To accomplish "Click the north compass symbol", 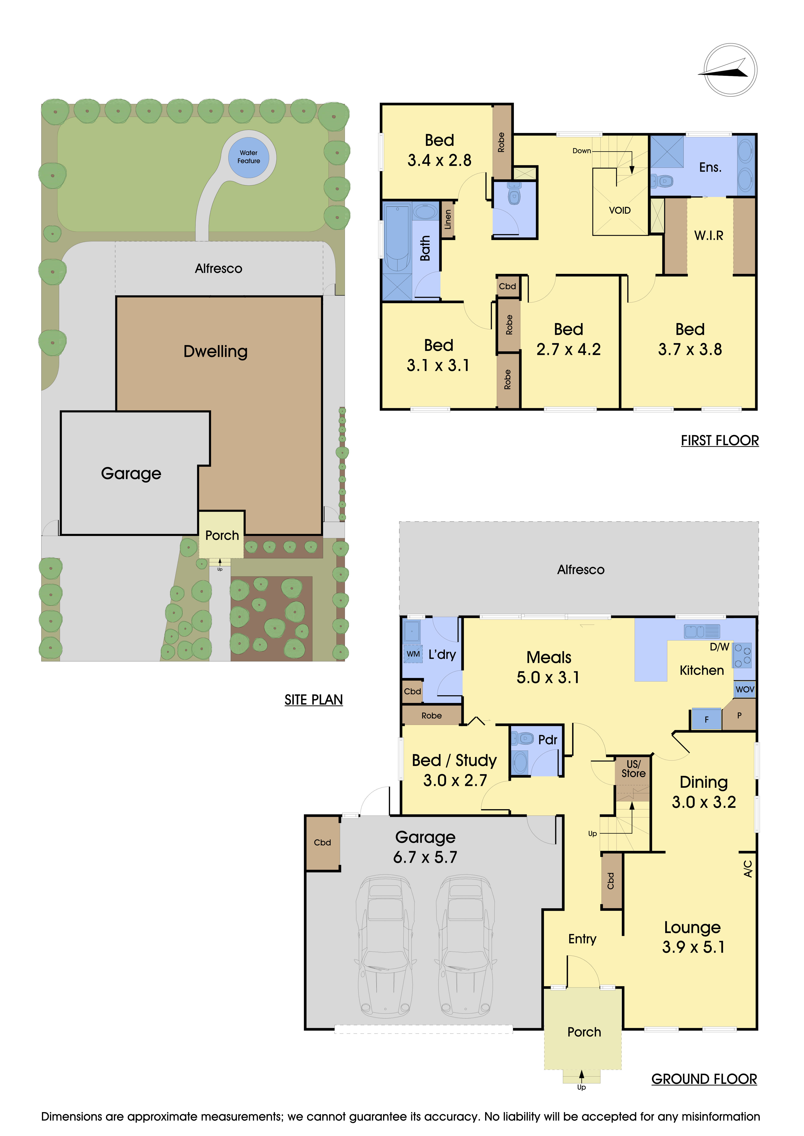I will [x=730, y=70].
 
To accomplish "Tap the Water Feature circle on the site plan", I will [x=248, y=157].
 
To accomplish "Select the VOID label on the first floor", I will [x=619, y=210].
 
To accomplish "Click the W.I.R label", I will [x=708, y=235].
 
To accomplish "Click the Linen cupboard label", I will [x=448, y=219].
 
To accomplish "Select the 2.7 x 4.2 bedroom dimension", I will [x=568, y=349].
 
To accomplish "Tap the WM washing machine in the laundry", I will [x=413, y=654].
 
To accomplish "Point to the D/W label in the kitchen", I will [x=719, y=647].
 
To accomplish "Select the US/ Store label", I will [x=633, y=769].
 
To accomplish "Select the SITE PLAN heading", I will [x=313, y=700].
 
